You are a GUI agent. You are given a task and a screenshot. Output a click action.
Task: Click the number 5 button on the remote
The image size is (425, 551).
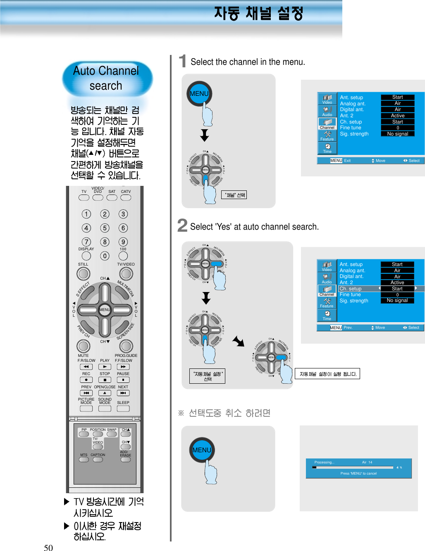[105, 228]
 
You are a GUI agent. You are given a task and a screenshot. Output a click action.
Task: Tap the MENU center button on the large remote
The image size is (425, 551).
[105, 310]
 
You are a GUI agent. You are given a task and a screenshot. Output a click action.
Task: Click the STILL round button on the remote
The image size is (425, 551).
[83, 273]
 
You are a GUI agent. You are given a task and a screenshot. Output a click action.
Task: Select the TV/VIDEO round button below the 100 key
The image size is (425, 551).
[126, 273]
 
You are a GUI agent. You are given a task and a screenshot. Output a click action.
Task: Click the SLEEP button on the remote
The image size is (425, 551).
[123, 408]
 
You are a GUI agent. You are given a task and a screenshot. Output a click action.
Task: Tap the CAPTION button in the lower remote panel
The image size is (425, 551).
[98, 459]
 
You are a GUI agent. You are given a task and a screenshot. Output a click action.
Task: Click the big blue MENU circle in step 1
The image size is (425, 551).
[199, 94]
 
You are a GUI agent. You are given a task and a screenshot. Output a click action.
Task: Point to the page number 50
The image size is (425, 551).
[48, 548]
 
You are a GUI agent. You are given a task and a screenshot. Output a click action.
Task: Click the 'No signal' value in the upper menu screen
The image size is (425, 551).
[397, 134]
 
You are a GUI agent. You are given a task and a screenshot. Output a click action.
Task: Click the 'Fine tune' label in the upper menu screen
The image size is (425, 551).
[351, 128]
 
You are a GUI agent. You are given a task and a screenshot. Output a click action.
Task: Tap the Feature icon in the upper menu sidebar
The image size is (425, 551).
[327, 135]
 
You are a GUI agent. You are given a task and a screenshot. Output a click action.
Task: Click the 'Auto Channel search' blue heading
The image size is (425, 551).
[107, 78]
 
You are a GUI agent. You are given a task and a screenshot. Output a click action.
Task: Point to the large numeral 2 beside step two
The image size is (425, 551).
[182, 226]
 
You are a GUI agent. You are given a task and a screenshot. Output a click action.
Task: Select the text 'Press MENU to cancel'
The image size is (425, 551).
[358, 473]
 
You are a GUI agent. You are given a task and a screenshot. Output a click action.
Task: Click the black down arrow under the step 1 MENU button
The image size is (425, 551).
[205, 135]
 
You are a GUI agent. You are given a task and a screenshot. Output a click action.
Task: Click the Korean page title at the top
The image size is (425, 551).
[259, 13]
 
